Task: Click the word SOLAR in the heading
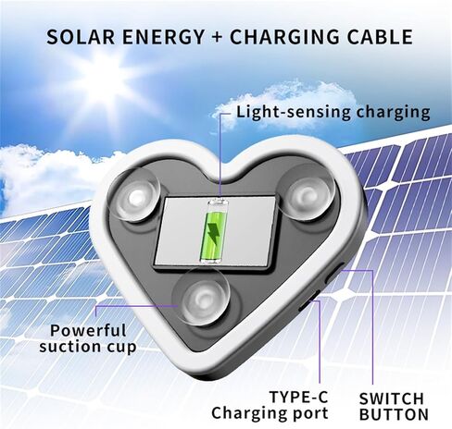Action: pyautogui.click(x=81, y=37)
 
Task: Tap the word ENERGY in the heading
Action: pyautogui.click(x=163, y=37)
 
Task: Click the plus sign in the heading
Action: pyautogui.click(x=217, y=37)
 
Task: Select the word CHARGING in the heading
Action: pyautogui.click(x=284, y=37)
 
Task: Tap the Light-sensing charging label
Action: pyautogui.click(x=333, y=113)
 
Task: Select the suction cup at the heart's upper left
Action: pyautogui.click(x=135, y=195)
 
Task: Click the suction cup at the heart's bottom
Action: pyautogui.click(x=201, y=298)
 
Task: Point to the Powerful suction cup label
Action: pyautogui.click(x=88, y=338)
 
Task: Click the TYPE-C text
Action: pyautogui.click(x=298, y=397)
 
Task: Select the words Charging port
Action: pyautogui.click(x=270, y=413)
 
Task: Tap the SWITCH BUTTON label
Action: pyautogui.click(x=394, y=406)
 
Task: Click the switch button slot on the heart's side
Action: pyautogui.click(x=334, y=273)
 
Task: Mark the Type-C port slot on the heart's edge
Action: pyautogui.click(x=308, y=301)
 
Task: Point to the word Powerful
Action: pyautogui.click(x=88, y=330)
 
